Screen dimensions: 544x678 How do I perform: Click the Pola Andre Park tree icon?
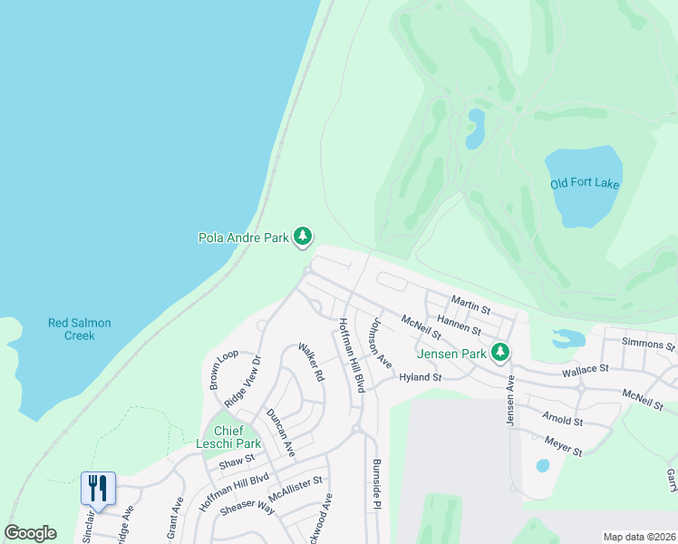coord(303,238)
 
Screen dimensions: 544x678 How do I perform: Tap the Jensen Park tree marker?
coord(499,352)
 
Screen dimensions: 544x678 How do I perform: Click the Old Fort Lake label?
coord(585,184)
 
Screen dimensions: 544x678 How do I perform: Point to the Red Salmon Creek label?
coord(72,328)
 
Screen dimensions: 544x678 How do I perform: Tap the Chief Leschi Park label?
coord(228,437)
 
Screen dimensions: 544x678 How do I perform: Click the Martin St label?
coord(470,306)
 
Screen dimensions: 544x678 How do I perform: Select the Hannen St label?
coord(460,325)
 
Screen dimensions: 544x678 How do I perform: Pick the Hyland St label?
coord(420,377)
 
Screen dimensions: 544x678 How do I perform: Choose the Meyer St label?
coord(563,446)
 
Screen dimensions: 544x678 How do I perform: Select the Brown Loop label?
coord(224,369)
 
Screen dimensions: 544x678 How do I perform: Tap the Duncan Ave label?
coord(280,431)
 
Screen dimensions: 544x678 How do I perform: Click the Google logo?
coord(31,533)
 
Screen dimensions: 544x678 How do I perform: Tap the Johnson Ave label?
coord(379,343)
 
